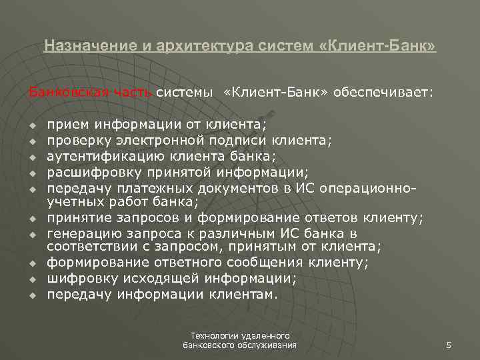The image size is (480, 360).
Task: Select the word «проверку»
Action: point(75,140)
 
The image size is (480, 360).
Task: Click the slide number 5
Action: point(449,345)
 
